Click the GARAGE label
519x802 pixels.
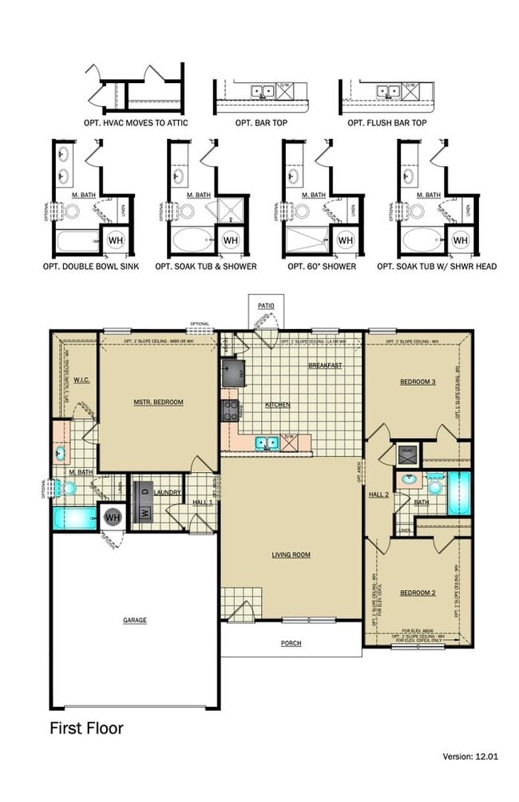[134, 620]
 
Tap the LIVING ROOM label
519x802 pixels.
[291, 554]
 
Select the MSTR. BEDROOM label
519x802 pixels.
[158, 402]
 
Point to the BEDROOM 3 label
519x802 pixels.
[418, 382]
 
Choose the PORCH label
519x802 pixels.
[291, 643]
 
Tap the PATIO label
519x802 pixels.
[265, 306]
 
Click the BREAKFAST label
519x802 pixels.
[325, 365]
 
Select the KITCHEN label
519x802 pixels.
[278, 405]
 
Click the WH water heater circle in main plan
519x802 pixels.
[113, 518]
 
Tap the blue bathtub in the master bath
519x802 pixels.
[73, 518]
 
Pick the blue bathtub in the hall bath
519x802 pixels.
[459, 492]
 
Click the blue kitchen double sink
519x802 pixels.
[267, 442]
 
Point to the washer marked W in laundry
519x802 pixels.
[145, 513]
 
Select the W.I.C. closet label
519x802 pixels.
[81, 380]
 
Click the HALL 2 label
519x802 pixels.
[378, 494]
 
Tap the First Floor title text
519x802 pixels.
[86, 728]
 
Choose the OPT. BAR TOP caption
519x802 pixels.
[261, 124]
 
